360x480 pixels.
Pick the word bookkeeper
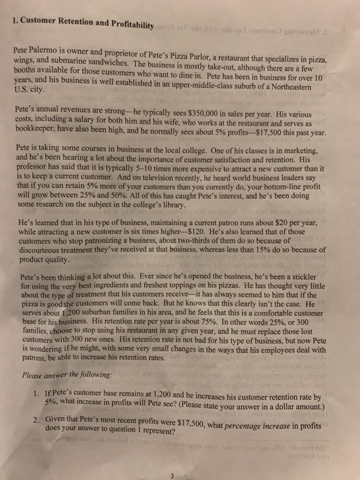click(x=38, y=132)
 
